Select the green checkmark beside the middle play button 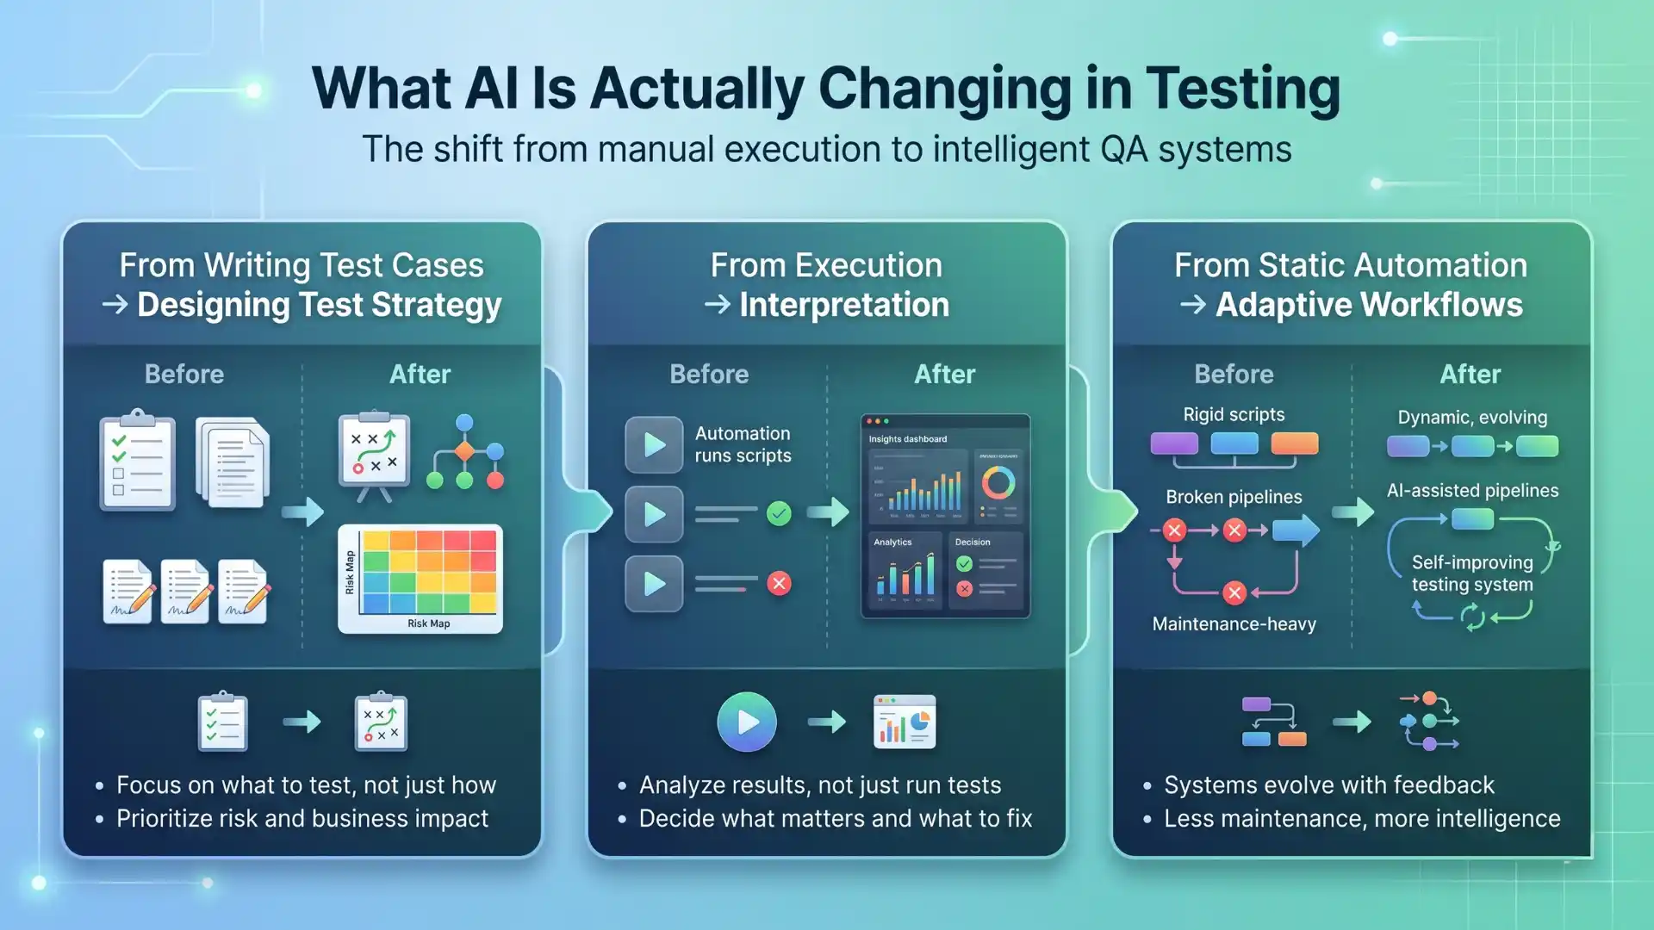pyautogui.click(x=779, y=514)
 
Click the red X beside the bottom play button pyautogui.click(x=779, y=584)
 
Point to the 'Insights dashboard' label pyautogui.click(x=907, y=439)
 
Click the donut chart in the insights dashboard pyautogui.click(x=998, y=483)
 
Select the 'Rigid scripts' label pyautogui.click(x=1234, y=414)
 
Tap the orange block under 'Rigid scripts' pyautogui.click(x=1294, y=443)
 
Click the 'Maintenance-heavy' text pyautogui.click(x=1234, y=623)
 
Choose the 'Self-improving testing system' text pyautogui.click(x=1471, y=573)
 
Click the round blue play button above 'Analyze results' pyautogui.click(x=747, y=722)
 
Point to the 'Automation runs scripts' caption pyautogui.click(x=743, y=444)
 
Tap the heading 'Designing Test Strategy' pyautogui.click(x=319, y=305)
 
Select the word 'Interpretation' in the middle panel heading pyautogui.click(x=843, y=305)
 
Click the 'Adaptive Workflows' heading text pyautogui.click(x=1368, y=305)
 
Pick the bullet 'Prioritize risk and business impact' pyautogui.click(x=302, y=818)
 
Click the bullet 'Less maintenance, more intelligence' pyautogui.click(x=1361, y=818)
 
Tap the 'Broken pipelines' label pyautogui.click(x=1234, y=497)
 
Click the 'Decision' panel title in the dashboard pyautogui.click(x=972, y=542)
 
